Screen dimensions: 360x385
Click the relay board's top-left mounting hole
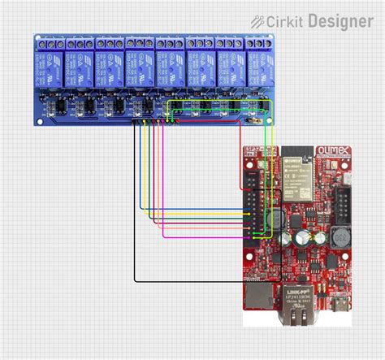pos(38,38)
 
